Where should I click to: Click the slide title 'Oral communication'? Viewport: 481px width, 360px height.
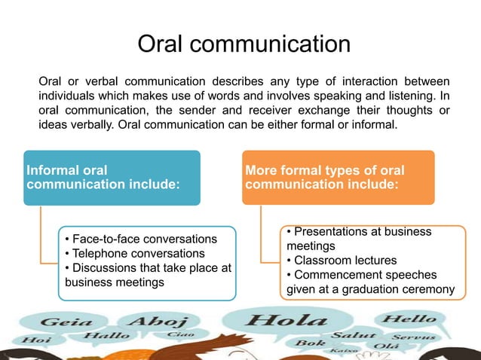point(243,43)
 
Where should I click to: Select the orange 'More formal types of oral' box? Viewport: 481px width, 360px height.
point(338,178)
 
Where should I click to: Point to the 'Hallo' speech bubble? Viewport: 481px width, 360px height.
point(106,335)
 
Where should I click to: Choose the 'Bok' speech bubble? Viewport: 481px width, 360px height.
point(310,343)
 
